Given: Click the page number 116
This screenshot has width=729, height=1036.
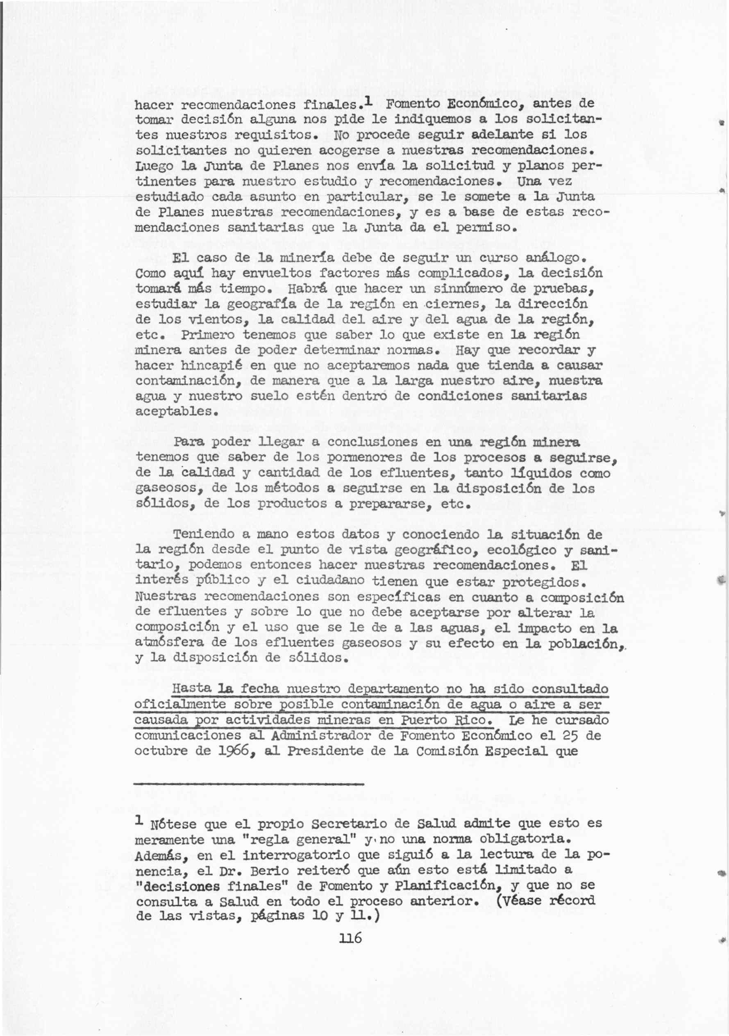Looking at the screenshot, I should click(350, 938).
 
